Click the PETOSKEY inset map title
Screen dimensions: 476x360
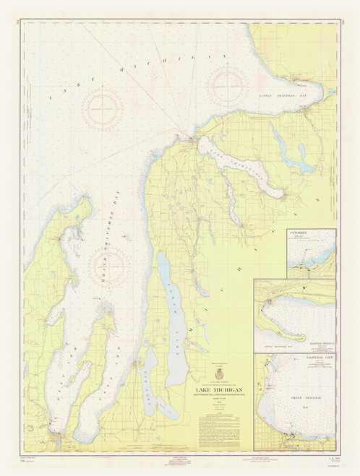(296, 233)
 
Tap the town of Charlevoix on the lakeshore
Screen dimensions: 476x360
(191, 139)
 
